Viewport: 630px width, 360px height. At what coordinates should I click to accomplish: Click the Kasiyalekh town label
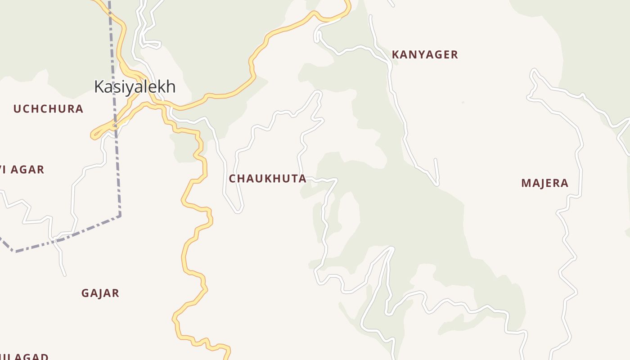pyautogui.click(x=135, y=86)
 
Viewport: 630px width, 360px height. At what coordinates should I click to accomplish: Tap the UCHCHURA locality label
pyautogui.click(x=48, y=109)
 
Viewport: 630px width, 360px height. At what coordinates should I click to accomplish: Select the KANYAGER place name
pyautogui.click(x=424, y=55)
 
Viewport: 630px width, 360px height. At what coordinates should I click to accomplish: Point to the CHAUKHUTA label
pyautogui.click(x=267, y=179)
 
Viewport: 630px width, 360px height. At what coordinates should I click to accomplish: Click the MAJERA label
pyautogui.click(x=544, y=183)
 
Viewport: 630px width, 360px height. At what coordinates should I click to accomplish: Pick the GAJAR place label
pyautogui.click(x=100, y=293)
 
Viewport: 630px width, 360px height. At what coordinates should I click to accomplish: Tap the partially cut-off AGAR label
pyautogui.click(x=22, y=170)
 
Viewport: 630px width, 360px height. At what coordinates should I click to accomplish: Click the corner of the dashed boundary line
pyautogui.click(x=120, y=216)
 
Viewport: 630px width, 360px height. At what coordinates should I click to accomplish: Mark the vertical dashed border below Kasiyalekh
pyautogui.click(x=118, y=171)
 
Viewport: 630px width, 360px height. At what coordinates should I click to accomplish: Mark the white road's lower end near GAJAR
pyautogui.click(x=64, y=274)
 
